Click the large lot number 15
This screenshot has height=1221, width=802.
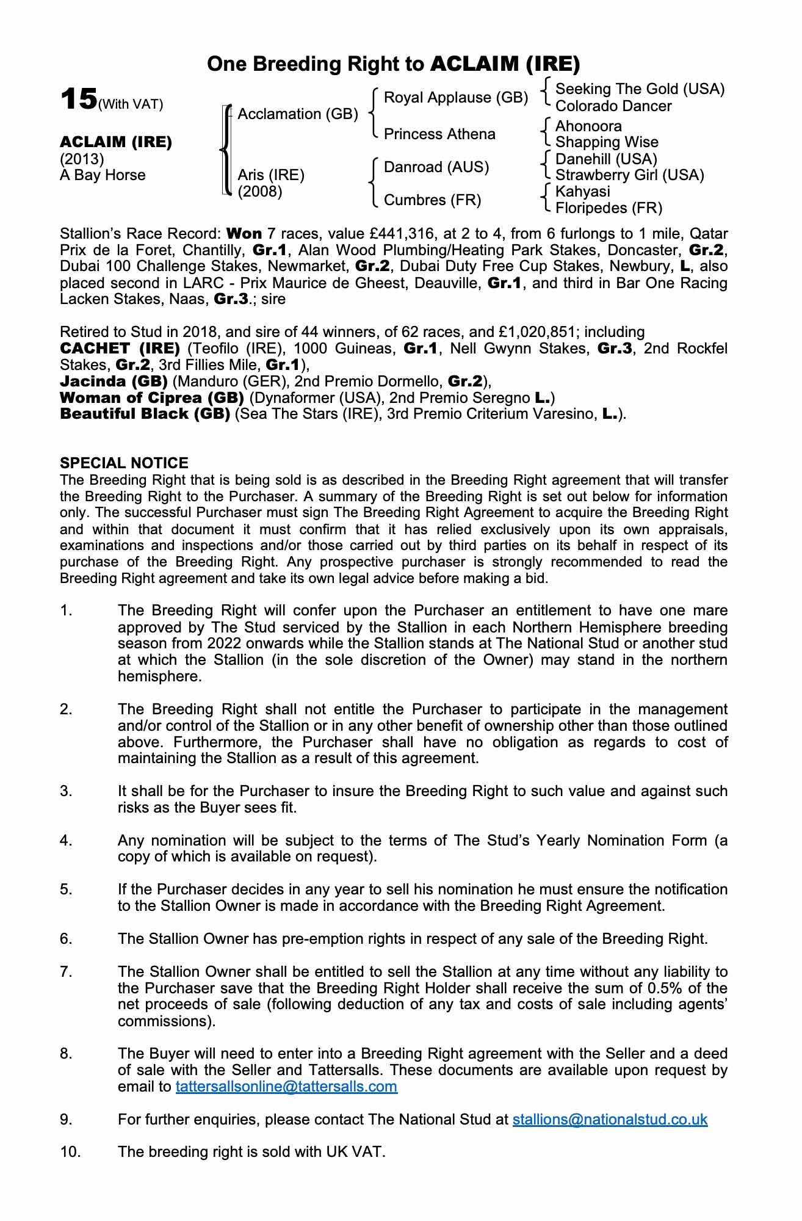click(x=79, y=99)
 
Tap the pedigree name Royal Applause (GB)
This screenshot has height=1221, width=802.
click(x=455, y=98)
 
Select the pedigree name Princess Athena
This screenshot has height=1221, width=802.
click(x=439, y=134)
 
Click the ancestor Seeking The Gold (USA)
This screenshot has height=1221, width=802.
click(x=640, y=89)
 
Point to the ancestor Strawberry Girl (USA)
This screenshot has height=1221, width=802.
click(x=629, y=175)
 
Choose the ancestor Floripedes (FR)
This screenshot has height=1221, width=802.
click(x=609, y=208)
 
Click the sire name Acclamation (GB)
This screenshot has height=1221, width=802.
click(x=298, y=114)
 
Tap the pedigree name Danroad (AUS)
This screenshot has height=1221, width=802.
click(x=436, y=167)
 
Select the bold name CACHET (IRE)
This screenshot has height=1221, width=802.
click(x=120, y=349)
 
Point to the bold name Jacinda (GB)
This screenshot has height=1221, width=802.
click(x=114, y=382)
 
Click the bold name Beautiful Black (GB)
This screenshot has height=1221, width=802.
click(x=145, y=414)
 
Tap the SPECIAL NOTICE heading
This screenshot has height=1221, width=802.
click(x=124, y=463)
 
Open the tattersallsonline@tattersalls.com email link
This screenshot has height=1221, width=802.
click(x=286, y=1087)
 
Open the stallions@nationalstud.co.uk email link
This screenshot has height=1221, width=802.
click(x=610, y=1119)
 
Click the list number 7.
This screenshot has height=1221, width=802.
click(x=66, y=971)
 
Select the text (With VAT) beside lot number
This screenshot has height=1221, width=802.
click(x=131, y=104)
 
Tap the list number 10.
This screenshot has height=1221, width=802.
click(x=70, y=1152)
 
